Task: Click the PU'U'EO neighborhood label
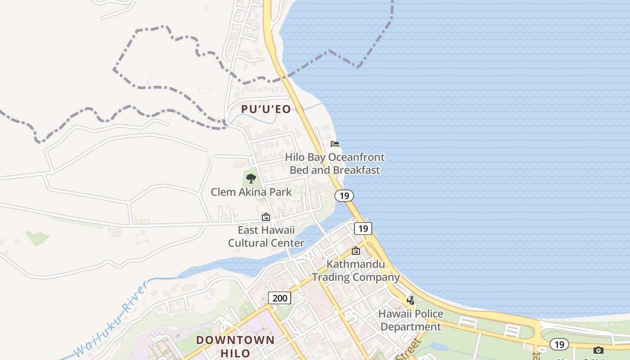[266, 109]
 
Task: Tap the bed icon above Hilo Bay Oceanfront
[335, 144]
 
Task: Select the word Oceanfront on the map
[356, 157]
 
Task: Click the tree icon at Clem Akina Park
[251, 179]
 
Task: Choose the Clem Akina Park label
[251, 192]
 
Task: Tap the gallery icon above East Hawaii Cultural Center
[266, 217]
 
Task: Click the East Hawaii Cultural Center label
[266, 237]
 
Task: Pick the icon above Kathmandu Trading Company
[356, 251]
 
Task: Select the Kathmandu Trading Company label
[356, 270]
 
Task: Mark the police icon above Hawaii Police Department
[410, 300]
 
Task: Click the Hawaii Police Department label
[410, 320]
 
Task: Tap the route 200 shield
[279, 297]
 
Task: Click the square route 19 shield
[363, 229]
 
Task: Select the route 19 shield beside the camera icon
[559, 345]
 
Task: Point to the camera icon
[598, 350]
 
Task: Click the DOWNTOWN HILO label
[235, 346]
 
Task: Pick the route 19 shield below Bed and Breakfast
[344, 196]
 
